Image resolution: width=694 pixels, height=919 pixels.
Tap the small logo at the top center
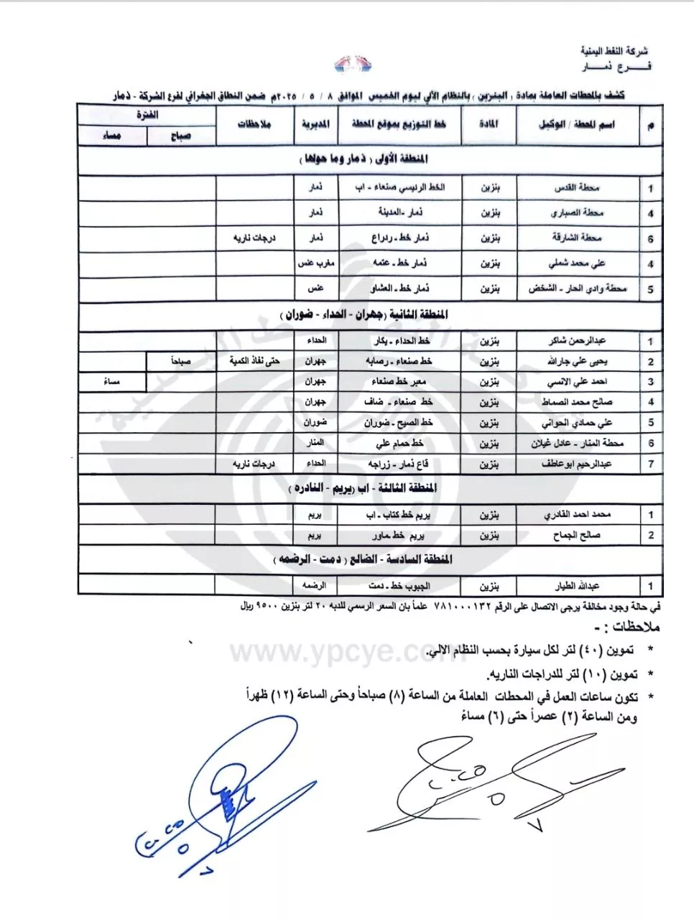353,67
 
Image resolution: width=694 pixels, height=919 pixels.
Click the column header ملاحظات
254,124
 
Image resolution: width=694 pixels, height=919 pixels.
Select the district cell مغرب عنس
315,263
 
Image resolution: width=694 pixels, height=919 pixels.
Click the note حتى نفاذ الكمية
254,361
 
